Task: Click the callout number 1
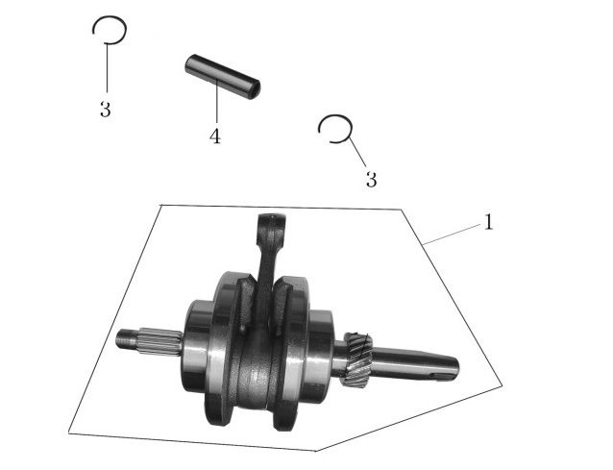pyautogui.click(x=488, y=222)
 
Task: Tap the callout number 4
pyautogui.click(x=214, y=136)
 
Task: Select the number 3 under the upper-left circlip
pyautogui.click(x=105, y=110)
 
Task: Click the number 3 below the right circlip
pyautogui.click(x=371, y=180)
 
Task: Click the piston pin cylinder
pyautogui.click(x=222, y=77)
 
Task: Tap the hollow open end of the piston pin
pyautogui.click(x=254, y=90)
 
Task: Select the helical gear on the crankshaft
pyautogui.click(x=356, y=360)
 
